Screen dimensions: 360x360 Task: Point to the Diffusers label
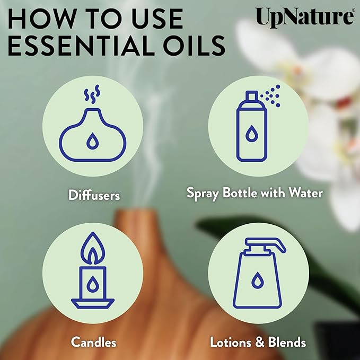[94, 195]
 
